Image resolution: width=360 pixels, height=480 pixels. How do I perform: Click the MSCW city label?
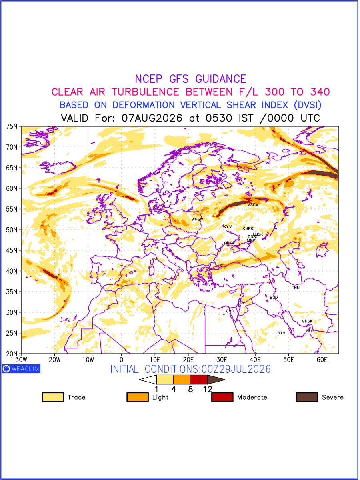coord(253,205)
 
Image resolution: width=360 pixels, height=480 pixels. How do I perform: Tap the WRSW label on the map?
coord(197,219)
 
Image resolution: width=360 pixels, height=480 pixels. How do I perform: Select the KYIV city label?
coord(228,227)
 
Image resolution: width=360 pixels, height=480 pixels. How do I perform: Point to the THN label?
coord(296,288)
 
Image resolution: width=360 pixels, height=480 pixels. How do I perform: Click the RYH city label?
coord(281,333)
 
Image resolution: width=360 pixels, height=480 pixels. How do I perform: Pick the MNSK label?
coord(307,321)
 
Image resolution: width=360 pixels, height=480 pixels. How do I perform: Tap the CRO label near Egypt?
coord(230,311)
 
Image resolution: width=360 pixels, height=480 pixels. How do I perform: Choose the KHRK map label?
coord(248,229)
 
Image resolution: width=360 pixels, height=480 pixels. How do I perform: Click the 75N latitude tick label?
coord(12,127)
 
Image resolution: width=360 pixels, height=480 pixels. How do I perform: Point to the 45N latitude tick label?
coord(12,251)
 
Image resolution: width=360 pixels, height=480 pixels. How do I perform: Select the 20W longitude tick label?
coord(55,360)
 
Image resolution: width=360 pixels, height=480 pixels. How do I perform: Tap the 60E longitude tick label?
coord(322,360)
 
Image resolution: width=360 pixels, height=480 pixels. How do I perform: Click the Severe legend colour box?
coord(307,397)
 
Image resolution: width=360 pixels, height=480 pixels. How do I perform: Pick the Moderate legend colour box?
coord(222,397)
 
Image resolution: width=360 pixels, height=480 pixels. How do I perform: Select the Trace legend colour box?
coord(53,397)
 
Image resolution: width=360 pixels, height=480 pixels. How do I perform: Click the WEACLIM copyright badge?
coord(21,369)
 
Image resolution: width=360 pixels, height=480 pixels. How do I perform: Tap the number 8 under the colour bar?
coord(191,389)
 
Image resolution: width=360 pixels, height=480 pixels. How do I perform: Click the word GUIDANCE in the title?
coord(221,79)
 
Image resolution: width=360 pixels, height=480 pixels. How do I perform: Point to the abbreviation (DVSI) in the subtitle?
coord(308,105)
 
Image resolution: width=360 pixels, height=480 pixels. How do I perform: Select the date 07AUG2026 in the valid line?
coord(152,118)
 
